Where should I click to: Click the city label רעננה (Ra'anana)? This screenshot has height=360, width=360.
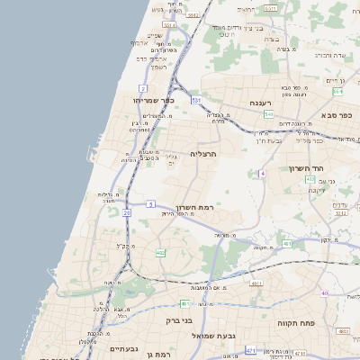coord(262,103)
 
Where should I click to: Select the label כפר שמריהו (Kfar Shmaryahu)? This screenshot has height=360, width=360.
coord(152,100)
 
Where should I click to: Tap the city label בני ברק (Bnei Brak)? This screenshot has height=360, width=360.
coord(180,319)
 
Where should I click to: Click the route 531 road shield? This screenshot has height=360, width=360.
coord(195,100)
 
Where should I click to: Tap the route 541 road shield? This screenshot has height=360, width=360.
coord(268,114)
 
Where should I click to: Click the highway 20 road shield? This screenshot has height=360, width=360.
coord(127,212)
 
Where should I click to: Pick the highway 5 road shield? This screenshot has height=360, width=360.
coord(150,204)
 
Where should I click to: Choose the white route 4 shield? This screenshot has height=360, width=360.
coord(263,173)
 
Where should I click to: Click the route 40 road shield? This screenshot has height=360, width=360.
coord(324,292)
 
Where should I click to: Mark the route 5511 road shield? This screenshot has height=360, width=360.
coord(271,8)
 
